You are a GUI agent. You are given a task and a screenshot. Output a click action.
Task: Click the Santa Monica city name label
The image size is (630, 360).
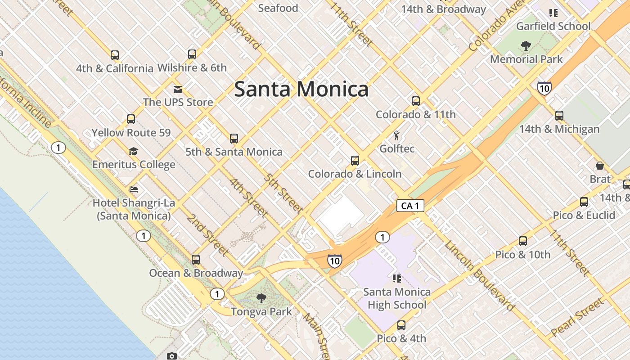(301, 89)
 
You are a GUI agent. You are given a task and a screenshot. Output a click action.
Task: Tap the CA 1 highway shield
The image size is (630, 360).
(410, 206)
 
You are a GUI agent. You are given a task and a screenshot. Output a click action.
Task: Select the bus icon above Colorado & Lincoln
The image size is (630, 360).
(355, 160)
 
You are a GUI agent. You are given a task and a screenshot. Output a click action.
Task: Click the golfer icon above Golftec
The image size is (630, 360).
(396, 135)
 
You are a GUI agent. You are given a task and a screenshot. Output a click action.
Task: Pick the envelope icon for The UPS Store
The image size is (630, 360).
(178, 89)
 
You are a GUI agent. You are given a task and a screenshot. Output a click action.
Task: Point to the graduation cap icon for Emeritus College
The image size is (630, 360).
(133, 151)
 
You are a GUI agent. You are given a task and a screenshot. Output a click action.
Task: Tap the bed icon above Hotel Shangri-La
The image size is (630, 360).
(134, 189)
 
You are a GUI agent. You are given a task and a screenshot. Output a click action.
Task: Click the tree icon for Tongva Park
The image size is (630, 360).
(261, 298)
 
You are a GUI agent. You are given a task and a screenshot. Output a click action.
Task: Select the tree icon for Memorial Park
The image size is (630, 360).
(526, 46)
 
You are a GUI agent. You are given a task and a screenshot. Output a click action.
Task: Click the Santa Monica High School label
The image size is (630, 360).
(396, 298)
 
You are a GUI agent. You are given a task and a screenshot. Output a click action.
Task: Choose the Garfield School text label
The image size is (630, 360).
(553, 26)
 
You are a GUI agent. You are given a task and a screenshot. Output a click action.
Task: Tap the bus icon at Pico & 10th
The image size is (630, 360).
(522, 241)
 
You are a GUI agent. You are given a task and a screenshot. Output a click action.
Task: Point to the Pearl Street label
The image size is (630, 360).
(577, 317)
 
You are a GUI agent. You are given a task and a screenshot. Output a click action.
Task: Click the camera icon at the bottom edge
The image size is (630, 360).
(172, 356)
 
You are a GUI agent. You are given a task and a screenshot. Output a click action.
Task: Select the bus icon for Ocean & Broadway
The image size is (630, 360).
(196, 260)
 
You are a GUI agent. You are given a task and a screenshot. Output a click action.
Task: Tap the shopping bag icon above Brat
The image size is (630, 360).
(599, 166)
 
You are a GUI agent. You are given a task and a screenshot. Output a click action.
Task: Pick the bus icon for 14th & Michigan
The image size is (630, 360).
(559, 116)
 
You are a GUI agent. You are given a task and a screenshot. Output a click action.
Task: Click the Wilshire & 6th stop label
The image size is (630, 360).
(192, 68)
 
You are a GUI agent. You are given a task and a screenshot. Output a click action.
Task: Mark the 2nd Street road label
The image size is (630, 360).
(208, 235)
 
